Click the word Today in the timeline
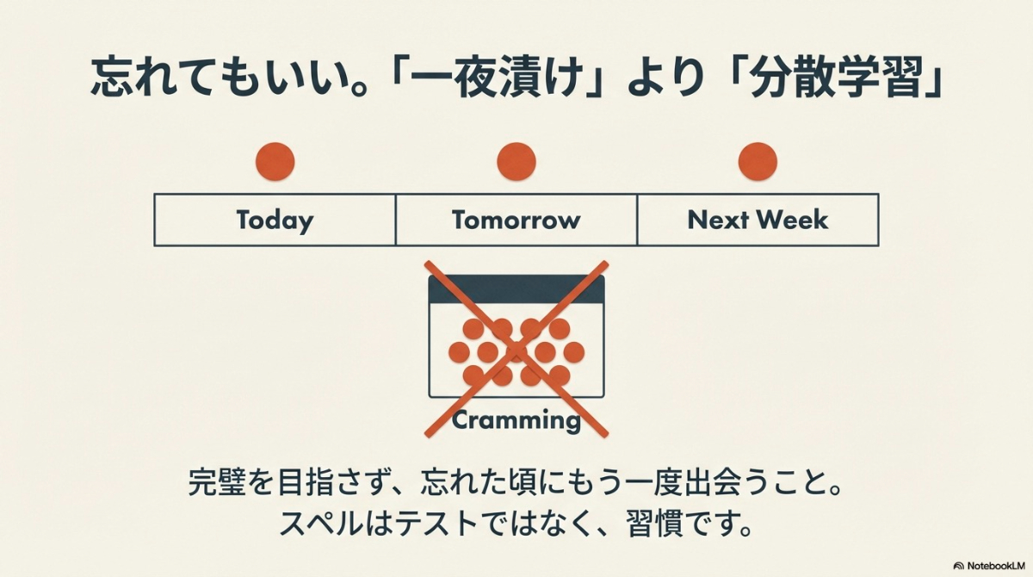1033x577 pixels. (x=275, y=220)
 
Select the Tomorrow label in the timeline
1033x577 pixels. (x=516, y=220)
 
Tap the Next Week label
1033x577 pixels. (x=758, y=220)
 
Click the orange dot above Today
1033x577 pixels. (x=275, y=161)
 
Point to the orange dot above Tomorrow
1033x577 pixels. (x=516, y=161)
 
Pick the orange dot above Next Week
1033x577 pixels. (x=758, y=161)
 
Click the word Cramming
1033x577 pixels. (x=516, y=420)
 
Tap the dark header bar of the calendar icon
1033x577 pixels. (x=516, y=288)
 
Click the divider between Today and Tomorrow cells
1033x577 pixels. (x=396, y=220)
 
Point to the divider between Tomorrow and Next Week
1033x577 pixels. (x=637, y=220)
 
